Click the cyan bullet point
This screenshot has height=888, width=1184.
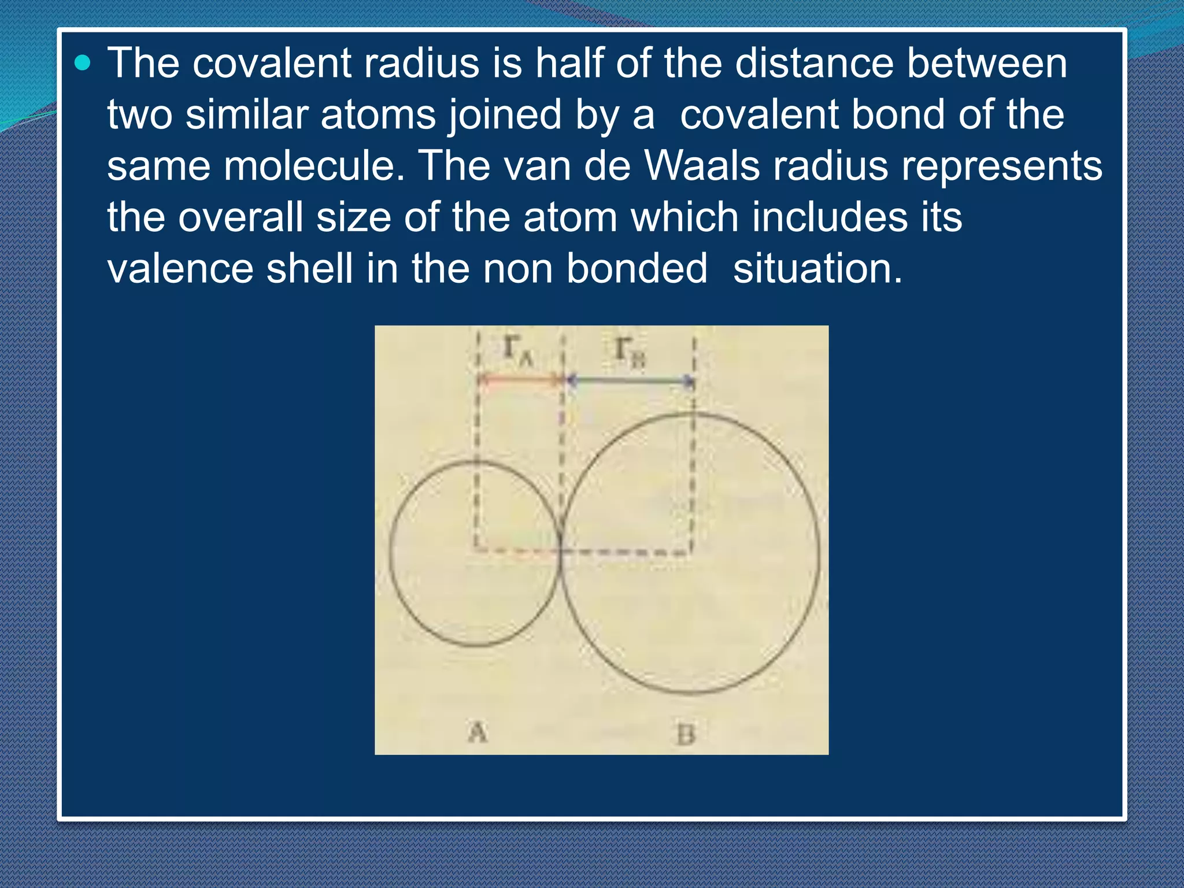83,62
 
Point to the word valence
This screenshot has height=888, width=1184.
180,269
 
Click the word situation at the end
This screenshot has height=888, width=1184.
817,269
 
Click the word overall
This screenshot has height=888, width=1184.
240,218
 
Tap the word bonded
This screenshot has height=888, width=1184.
637,269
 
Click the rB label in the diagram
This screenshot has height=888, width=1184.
629,351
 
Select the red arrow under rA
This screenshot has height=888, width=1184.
520,380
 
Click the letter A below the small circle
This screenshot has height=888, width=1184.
478,732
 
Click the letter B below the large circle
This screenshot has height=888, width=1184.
685,735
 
